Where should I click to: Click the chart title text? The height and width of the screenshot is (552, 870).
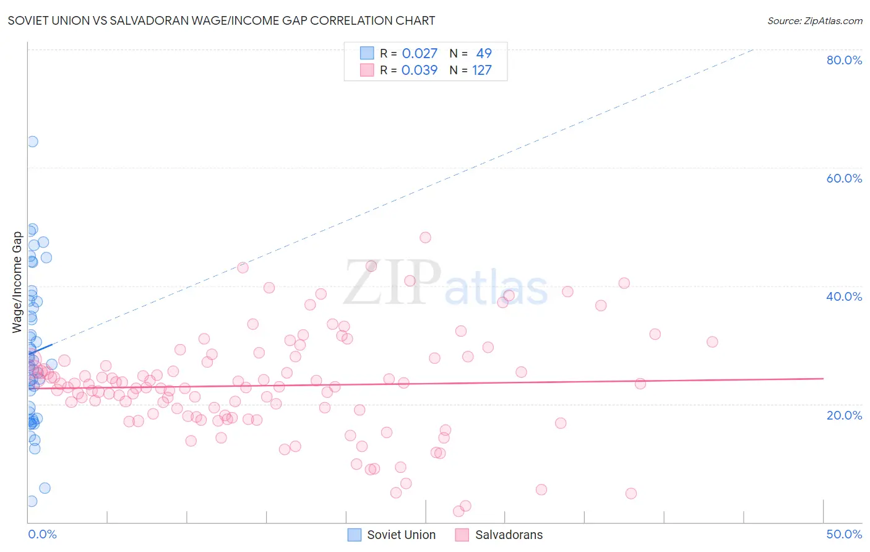click(222, 20)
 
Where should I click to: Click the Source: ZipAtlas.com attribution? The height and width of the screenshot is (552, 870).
click(814, 20)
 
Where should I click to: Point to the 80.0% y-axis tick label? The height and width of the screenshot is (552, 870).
click(844, 60)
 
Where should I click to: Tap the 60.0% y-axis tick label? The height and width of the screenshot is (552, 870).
click(844, 178)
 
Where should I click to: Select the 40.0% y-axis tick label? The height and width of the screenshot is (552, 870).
click(844, 296)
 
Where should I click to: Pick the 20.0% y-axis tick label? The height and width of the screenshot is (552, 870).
click(844, 415)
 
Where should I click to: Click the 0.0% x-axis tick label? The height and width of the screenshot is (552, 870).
click(42, 534)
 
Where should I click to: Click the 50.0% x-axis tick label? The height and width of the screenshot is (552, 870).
click(844, 534)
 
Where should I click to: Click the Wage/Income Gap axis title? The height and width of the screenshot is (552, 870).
click(17, 282)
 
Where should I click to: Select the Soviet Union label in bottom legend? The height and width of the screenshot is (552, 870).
click(401, 535)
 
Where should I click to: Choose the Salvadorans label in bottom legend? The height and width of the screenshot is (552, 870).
click(509, 535)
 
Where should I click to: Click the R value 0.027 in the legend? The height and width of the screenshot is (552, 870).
click(420, 54)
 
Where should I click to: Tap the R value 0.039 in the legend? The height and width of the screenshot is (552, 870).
click(420, 71)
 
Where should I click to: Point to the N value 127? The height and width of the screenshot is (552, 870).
click(481, 71)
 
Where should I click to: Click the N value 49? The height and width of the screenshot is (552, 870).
click(483, 54)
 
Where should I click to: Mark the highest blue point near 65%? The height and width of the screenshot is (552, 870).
click(32, 142)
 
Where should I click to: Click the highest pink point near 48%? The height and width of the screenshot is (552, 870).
click(425, 238)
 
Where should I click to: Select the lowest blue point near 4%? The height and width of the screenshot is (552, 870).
click(32, 501)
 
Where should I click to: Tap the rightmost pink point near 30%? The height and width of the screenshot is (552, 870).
click(712, 342)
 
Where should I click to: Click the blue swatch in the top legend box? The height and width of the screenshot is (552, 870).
click(367, 53)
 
